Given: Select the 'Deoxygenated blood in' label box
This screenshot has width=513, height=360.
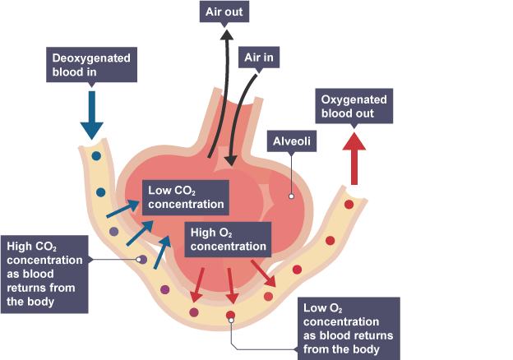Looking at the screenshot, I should (92, 66).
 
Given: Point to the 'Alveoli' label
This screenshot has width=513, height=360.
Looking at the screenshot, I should (292, 141).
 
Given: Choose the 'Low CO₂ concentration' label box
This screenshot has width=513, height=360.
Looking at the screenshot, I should (186, 198).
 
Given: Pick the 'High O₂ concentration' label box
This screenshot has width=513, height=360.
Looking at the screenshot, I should (229, 238).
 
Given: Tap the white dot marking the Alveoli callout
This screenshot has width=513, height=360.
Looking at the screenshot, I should (290, 196).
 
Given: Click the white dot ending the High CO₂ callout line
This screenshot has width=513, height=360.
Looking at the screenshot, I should (141, 261).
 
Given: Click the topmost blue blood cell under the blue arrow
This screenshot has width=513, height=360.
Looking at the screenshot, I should (97, 155).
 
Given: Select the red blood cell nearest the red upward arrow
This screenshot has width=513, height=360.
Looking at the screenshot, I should (349, 204).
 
